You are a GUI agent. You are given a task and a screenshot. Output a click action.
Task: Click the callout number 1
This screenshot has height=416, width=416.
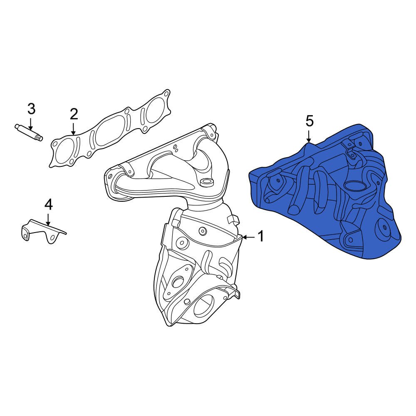click(260, 237)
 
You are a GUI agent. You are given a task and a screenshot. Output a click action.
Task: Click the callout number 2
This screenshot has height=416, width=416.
click(74, 114)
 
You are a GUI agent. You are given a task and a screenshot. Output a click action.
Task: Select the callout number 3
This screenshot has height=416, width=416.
click(32, 109)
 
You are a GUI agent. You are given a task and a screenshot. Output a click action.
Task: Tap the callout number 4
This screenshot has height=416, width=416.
click(49, 204)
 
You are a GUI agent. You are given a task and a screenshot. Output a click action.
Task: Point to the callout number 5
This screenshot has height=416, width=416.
click(309, 121)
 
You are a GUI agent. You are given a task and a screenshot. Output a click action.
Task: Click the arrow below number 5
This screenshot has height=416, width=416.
click(309, 136)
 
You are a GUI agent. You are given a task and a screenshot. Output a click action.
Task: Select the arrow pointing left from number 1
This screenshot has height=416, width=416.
click(248, 237)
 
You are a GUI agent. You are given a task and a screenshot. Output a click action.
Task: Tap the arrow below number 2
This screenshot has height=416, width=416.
click(74, 128)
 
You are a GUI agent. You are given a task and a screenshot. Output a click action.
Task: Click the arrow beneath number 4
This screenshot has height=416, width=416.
click(49, 219)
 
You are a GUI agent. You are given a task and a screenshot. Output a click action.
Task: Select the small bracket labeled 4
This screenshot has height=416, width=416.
click(42, 231)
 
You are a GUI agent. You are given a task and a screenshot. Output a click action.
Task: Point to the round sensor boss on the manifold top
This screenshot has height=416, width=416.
click(206, 182)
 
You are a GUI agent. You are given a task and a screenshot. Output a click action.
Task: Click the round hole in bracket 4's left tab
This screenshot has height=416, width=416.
click(25, 236)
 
